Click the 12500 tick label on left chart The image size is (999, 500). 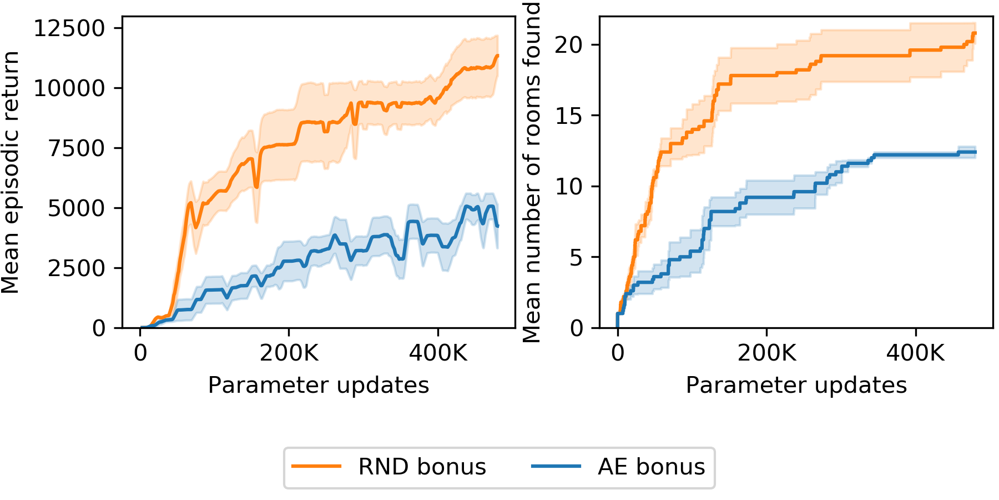pyautogui.click(x=69, y=28)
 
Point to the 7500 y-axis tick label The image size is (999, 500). pyautogui.click(x=77, y=148)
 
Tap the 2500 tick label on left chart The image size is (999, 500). pyautogui.click(x=77, y=268)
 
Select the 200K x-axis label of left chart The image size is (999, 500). pyautogui.click(x=289, y=353)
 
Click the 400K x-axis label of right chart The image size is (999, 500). pyautogui.click(x=915, y=353)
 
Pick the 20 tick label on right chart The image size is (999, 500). pyautogui.click(x=569, y=45)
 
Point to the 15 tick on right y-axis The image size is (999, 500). pyautogui.click(x=569, y=116)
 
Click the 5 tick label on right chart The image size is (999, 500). pyautogui.click(x=576, y=258)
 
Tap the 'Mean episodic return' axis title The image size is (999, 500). pyautogui.click(x=11, y=172)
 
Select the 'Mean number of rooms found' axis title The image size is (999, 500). pyautogui.click(x=532, y=172)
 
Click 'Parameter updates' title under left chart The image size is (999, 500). pyautogui.click(x=319, y=385)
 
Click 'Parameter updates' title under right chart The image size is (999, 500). pyautogui.click(x=796, y=385)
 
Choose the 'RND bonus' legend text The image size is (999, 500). pyautogui.click(x=422, y=467)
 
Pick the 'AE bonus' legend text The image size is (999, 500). pyautogui.click(x=651, y=467)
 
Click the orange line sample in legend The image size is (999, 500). pyautogui.click(x=316, y=467)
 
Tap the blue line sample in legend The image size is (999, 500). pyautogui.click(x=556, y=467)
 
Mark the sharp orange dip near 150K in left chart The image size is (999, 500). pyautogui.click(x=256, y=186)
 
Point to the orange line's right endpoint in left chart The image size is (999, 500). pyautogui.click(x=497, y=56)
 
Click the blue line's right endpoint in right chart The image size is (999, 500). pyautogui.click(x=975, y=152)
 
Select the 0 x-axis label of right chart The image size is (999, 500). pyautogui.click(x=618, y=353)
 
